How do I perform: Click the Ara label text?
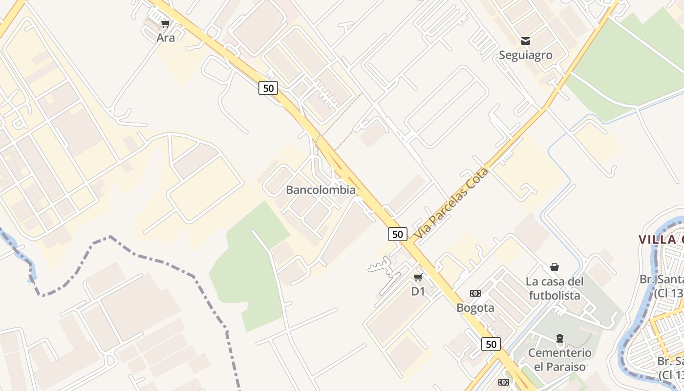(x=166, y=38)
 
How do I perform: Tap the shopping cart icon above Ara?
(x=166, y=23)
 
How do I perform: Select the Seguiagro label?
(x=525, y=55)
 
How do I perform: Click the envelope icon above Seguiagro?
(x=525, y=41)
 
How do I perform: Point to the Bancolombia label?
(x=321, y=190)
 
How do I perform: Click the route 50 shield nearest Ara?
(x=268, y=88)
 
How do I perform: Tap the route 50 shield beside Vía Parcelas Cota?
(x=398, y=234)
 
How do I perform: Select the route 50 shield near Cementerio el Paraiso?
(x=491, y=344)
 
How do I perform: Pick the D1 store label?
(x=418, y=292)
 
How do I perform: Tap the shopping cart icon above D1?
(x=418, y=278)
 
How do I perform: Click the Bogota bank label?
(x=475, y=308)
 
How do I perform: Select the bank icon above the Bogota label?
(x=475, y=293)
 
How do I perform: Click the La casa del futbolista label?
(x=555, y=288)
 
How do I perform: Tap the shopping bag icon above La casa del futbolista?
(x=555, y=267)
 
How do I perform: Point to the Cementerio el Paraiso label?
(x=559, y=359)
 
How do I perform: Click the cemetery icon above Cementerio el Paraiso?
(x=559, y=338)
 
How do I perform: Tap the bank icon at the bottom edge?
(x=504, y=382)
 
